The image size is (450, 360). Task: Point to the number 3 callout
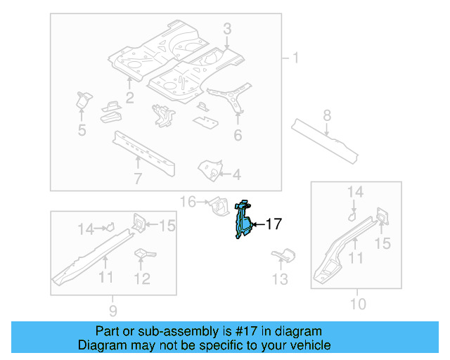(x=227, y=29)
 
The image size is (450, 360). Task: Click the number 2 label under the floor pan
(x=129, y=97)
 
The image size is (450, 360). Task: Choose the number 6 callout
(x=238, y=135)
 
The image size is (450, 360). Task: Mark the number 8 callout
(x=327, y=115)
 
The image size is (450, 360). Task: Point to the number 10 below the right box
(x=358, y=304)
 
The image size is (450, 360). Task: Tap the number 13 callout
(x=280, y=280)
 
